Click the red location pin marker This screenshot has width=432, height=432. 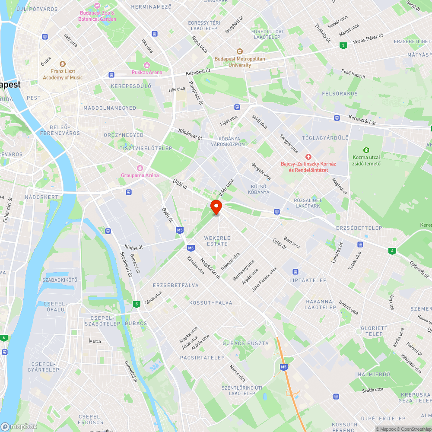(x=216, y=207)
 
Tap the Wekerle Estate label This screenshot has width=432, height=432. (x=217, y=241)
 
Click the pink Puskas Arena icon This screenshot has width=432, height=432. (x=147, y=65)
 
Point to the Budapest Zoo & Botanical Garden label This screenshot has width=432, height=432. (x=98, y=16)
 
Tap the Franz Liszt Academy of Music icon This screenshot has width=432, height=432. (x=63, y=64)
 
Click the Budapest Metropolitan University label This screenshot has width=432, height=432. (x=240, y=62)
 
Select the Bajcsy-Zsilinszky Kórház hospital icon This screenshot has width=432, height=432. (x=308, y=156)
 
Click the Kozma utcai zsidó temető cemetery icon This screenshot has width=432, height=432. (x=366, y=150)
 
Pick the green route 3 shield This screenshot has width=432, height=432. (x=343, y=45)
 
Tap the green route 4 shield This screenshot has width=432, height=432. (x=392, y=251)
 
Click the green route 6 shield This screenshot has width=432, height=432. (x=4, y=338)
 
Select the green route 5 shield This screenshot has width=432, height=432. (x=137, y=304)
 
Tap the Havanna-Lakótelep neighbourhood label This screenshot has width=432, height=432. (x=320, y=305)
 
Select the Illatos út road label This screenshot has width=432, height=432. (x=133, y=248)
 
